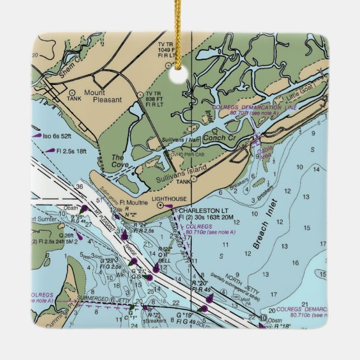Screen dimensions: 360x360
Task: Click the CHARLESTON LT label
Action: pos(200,211)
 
